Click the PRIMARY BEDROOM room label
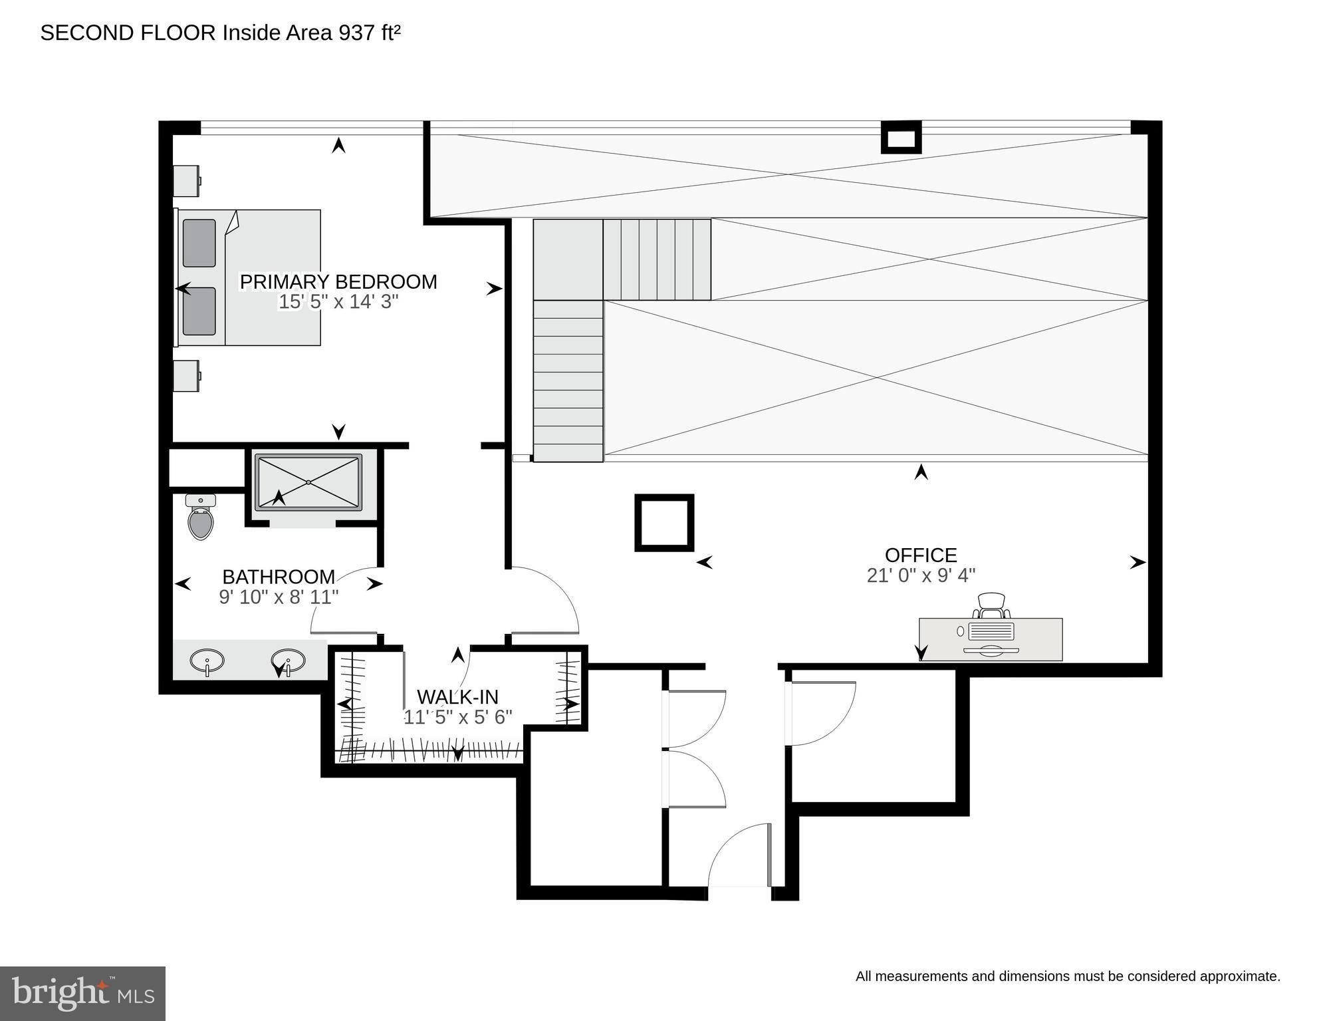[338, 282]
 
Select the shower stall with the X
[308, 483]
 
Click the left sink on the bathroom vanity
[207, 661]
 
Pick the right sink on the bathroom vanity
[288, 660]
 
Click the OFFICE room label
[921, 555]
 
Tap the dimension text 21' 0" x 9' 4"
[921, 575]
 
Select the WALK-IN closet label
[457, 696]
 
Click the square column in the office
[664, 522]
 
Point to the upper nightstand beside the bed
[186, 180]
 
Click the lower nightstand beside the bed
[186, 376]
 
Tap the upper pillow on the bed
[199, 243]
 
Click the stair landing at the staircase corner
[568, 259]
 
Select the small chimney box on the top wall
[901, 138]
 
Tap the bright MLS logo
[82, 993]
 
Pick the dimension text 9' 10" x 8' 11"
[279, 597]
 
